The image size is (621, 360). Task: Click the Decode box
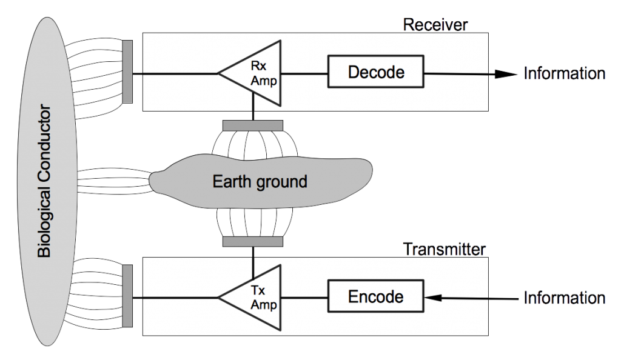tap(375, 72)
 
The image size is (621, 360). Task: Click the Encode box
tap(375, 297)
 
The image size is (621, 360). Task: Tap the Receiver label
tap(435, 25)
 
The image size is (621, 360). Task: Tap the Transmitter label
tap(445, 250)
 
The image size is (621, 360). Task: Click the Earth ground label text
tap(260, 181)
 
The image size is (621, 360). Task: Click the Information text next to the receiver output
tap(564, 74)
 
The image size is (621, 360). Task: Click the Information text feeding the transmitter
tap(564, 298)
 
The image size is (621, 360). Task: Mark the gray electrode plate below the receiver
tap(252, 125)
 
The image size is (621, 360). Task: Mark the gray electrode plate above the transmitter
tap(252, 242)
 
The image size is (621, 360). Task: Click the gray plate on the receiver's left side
tap(129, 72)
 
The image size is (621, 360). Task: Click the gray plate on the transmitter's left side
tap(129, 297)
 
